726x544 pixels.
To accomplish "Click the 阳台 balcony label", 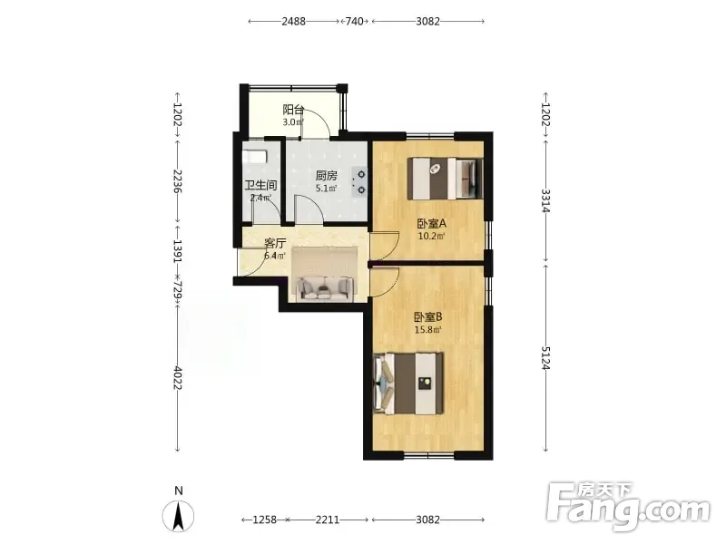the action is click(293, 110).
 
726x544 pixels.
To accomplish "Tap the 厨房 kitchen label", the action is click(327, 176).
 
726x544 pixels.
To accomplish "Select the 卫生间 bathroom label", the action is click(260, 186).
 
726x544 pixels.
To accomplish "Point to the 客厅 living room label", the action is click(275, 243).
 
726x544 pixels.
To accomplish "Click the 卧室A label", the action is click(432, 224).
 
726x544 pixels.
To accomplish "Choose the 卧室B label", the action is click(428, 317).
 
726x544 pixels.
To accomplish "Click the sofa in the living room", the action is click(324, 288).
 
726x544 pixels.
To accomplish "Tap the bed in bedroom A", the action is click(445, 179).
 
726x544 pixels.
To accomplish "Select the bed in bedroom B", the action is click(408, 384).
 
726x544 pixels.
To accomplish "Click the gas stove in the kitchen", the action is click(359, 182).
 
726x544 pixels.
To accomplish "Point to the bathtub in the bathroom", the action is click(255, 156).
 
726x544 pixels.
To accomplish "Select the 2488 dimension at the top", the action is click(293, 21).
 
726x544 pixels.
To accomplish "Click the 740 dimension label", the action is click(354, 21).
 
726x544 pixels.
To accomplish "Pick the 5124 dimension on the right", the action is click(545, 358).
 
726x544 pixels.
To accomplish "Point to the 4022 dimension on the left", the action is click(177, 377).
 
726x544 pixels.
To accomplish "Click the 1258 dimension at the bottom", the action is click(264, 520).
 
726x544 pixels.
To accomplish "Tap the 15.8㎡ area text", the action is click(427, 330).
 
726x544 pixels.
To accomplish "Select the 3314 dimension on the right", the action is click(545, 200).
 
